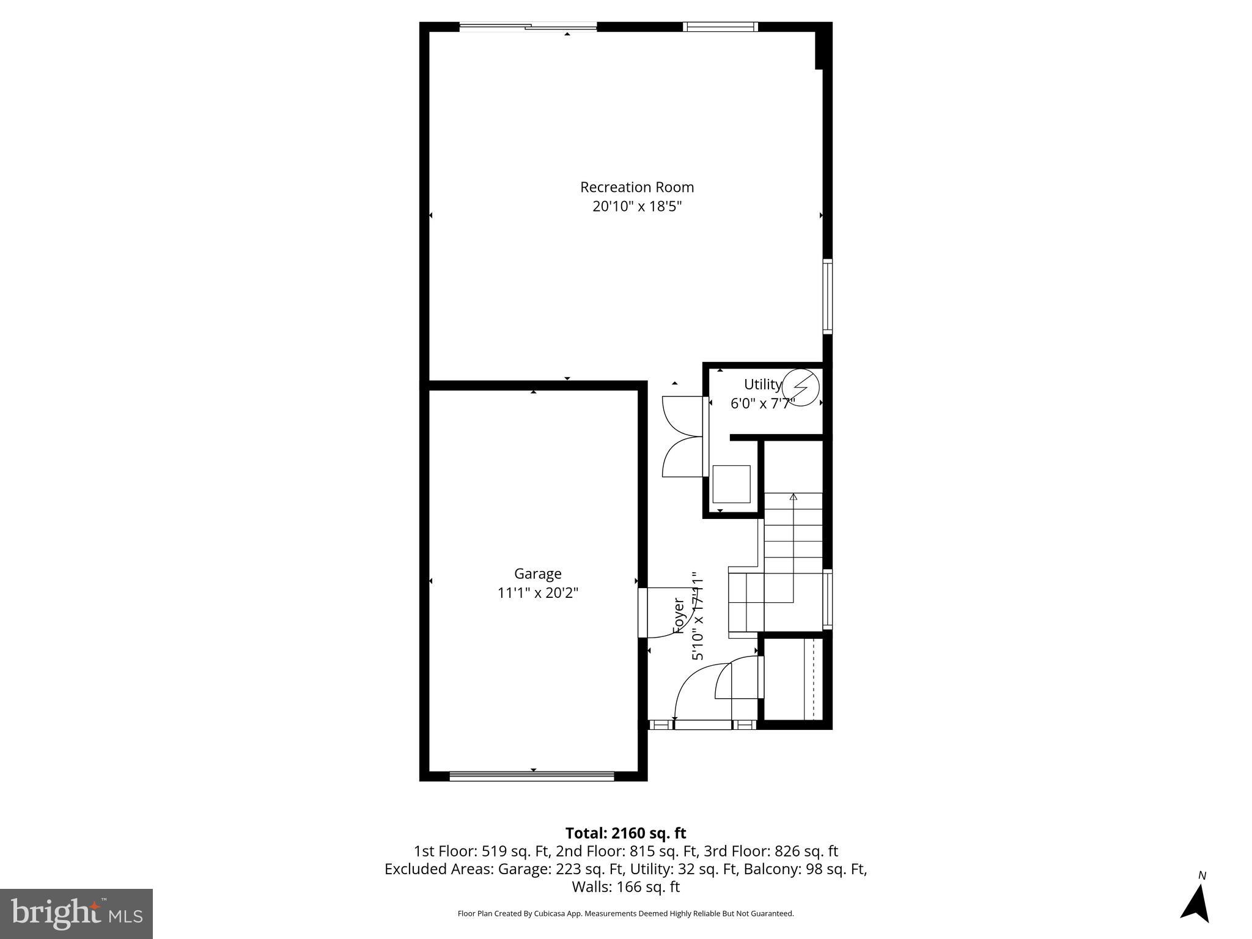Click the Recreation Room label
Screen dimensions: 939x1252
[637, 187]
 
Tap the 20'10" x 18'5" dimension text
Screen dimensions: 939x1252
[637, 207]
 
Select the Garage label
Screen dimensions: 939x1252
[537, 573]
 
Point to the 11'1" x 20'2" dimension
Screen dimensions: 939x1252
[537, 593]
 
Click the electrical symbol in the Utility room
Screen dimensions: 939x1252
[800, 387]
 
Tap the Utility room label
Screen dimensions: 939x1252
[762, 385]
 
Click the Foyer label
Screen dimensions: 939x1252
[679, 616]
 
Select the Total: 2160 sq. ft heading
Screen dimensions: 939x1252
[625, 833]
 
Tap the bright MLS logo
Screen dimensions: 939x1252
[76, 913]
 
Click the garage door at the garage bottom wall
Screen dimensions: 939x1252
[532, 776]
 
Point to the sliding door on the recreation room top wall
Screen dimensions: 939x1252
[528, 26]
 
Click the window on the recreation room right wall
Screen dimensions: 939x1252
[827, 296]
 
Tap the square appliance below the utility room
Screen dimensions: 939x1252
[731, 484]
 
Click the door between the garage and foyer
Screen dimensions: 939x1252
[643, 613]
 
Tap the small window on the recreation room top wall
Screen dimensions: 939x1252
[720, 26]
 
